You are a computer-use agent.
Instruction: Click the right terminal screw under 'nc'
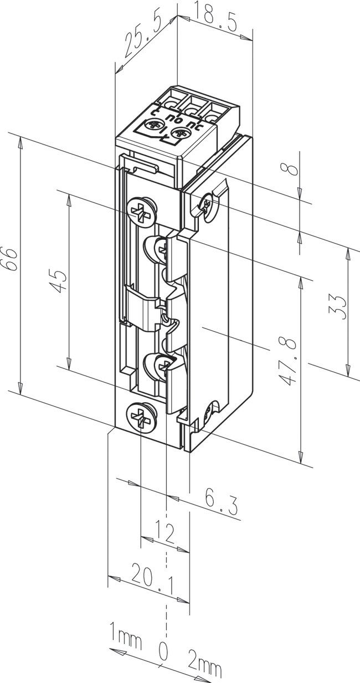[181, 133]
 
